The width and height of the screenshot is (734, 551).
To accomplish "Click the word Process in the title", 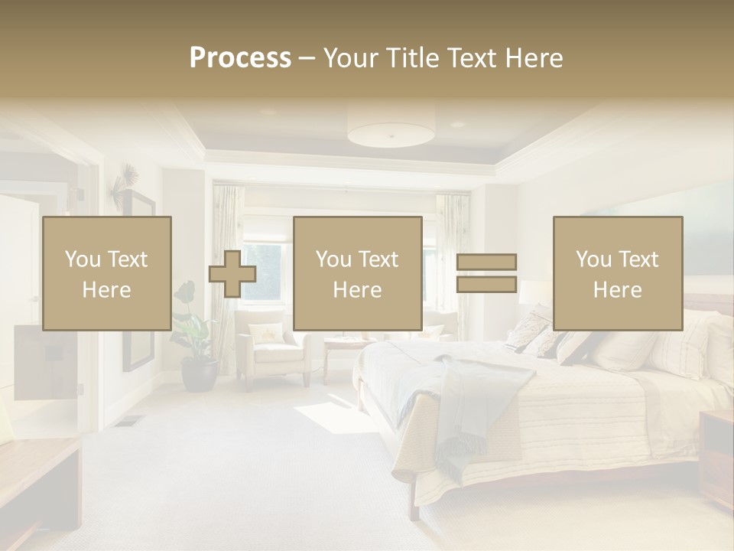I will [240, 58].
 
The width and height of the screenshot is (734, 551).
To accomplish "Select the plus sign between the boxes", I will [232, 274].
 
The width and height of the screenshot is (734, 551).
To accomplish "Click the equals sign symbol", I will [486, 273].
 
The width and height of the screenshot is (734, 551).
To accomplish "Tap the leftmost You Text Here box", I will [106, 273].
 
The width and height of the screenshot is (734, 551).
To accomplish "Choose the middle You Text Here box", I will [357, 273].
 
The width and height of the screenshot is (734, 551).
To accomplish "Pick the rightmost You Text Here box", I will [617, 273].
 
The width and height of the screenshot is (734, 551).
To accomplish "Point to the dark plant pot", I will [199, 375].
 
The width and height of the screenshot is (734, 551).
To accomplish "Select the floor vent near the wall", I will [131, 420].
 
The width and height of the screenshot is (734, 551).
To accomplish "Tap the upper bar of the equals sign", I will [486, 262].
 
